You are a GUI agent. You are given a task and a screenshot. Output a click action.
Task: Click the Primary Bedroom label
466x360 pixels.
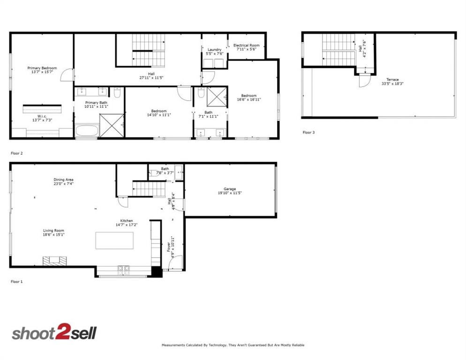pyautogui.click(x=42, y=68)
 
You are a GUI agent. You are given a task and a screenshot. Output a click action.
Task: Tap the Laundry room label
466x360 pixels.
pyautogui.click(x=214, y=50)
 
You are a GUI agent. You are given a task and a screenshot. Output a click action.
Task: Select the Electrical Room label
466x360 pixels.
pyautogui.click(x=247, y=45)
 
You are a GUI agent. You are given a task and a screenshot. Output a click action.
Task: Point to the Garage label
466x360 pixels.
pyautogui.click(x=230, y=189)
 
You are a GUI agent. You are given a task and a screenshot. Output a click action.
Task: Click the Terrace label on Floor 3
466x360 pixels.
pyautogui.click(x=392, y=80)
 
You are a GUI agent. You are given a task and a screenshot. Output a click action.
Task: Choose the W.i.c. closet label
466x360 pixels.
pyautogui.click(x=42, y=116)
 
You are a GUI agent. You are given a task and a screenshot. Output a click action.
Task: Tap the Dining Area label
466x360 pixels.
pyautogui.click(x=63, y=180)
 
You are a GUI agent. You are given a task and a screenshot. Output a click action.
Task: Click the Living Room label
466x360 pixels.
pyautogui.click(x=53, y=231)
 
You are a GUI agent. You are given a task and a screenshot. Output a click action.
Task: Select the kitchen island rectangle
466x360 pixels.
pyautogui.click(x=114, y=240)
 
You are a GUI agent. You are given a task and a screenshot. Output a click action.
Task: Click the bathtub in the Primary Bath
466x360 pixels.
pyautogui.click(x=86, y=131)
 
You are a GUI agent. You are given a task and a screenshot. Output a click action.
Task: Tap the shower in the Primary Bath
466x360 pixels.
pyautogui.click(x=112, y=126)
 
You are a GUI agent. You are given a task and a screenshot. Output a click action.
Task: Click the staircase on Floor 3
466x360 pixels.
pyautogui.click(x=338, y=50)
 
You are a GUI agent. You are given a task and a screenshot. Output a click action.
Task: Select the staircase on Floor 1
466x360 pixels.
pyautogui.click(x=149, y=188)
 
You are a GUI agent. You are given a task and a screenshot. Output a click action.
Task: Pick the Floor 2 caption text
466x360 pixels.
pyautogui.click(x=16, y=153)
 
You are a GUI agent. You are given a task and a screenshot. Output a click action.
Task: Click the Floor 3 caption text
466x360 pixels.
pyautogui.click(x=308, y=133)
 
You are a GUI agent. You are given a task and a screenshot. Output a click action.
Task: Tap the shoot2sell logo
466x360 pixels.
pyautogui.click(x=54, y=333)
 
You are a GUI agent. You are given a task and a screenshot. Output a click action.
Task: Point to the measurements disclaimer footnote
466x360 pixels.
pyautogui.click(x=233, y=345)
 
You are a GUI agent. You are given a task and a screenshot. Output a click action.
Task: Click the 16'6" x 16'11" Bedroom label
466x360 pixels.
pyautogui.click(x=248, y=96)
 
